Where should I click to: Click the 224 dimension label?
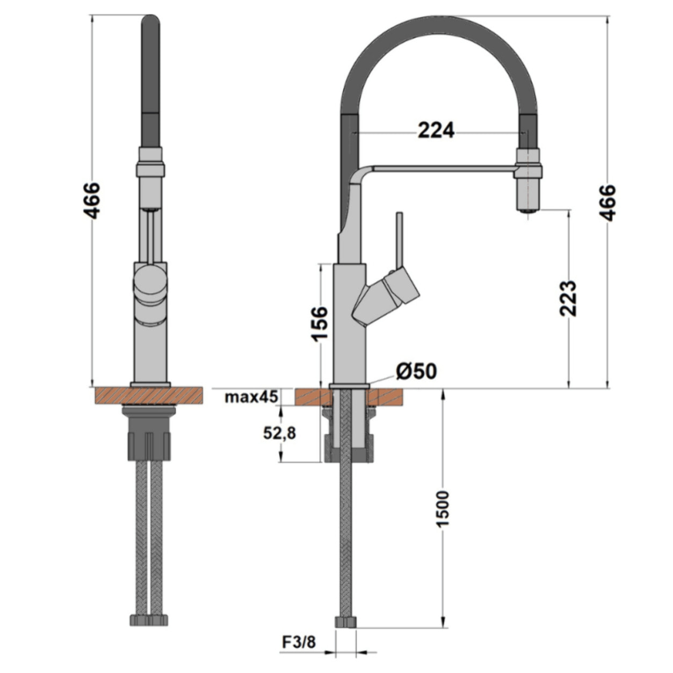point(436,130)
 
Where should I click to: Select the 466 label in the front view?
point(92,200)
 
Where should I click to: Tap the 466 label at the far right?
point(607,202)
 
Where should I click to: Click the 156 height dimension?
point(320,323)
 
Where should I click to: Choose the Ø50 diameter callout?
point(416,371)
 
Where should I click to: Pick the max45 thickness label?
point(251,397)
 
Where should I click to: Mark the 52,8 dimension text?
point(279,433)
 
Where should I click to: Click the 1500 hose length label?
point(443,508)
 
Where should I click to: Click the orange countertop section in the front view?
point(149,396)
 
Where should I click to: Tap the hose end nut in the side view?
point(345,621)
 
